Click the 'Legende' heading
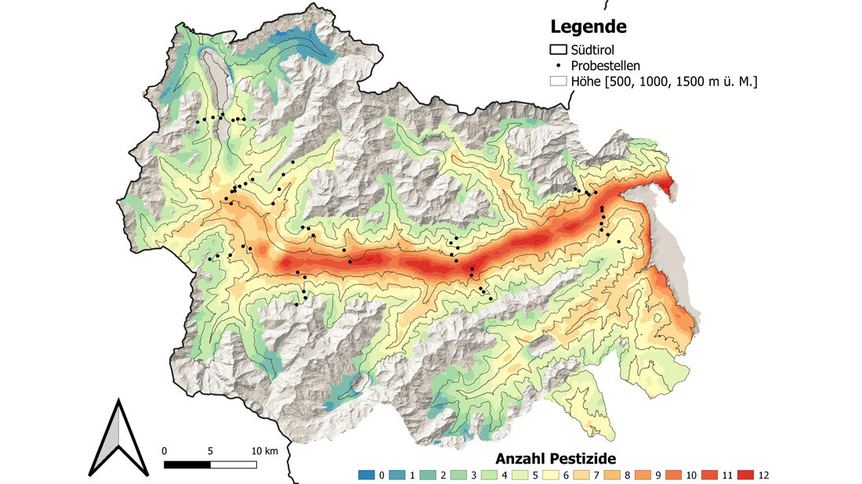click(x=588, y=27)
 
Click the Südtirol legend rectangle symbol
click(x=558, y=51)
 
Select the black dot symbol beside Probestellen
click(x=558, y=66)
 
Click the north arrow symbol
click(x=118, y=438)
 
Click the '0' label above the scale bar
click(x=165, y=451)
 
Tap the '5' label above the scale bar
click(x=210, y=451)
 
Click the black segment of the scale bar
click(x=187, y=464)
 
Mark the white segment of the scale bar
click(x=234, y=464)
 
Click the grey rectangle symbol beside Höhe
click(x=558, y=81)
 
